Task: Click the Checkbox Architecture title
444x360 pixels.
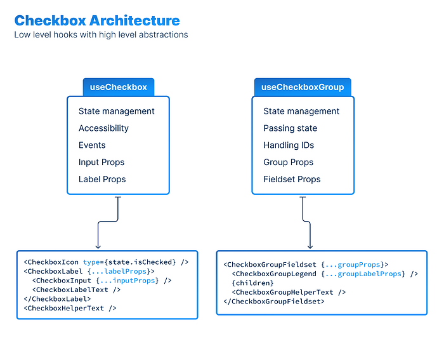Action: (97, 21)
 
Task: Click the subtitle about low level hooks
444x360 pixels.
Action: (101, 34)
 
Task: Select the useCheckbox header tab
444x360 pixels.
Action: (119, 87)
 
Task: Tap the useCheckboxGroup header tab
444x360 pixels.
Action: (303, 87)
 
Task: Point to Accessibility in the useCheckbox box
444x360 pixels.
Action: (103, 128)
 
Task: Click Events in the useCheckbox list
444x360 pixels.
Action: (92, 145)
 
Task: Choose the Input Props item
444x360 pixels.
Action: (101, 163)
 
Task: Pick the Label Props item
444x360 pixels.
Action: (102, 180)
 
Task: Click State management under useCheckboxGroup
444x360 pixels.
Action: (301, 111)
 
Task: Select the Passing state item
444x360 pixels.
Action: (290, 128)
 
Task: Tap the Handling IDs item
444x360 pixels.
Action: (289, 145)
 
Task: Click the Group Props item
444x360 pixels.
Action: (289, 163)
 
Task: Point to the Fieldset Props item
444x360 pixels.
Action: (292, 180)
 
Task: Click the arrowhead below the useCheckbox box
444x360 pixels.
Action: (98, 246)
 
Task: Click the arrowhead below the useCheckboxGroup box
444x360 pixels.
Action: (310, 246)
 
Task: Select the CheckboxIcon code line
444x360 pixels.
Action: (106, 262)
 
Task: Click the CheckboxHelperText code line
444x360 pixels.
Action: (70, 309)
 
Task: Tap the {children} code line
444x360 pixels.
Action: (252, 283)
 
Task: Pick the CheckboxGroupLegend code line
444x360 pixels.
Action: (325, 274)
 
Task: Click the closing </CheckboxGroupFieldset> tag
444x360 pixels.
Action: (273, 302)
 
